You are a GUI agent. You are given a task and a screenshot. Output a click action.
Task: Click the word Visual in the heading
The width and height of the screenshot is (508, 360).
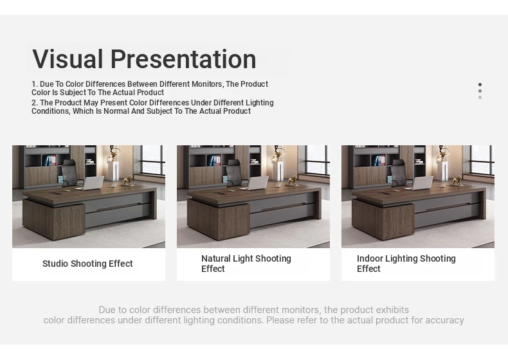pos(68,59)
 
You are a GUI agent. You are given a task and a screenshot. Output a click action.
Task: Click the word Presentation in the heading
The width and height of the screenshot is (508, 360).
pos(183,59)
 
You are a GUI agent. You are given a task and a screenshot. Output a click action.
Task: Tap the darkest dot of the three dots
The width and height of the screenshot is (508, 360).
pos(480,85)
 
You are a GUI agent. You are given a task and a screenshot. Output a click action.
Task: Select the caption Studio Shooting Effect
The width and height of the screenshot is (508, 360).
pos(87,264)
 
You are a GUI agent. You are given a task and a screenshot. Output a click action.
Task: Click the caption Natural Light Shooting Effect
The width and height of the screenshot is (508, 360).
pos(246,264)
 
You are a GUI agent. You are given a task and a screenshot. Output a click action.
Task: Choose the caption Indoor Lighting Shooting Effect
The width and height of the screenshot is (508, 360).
pos(406,264)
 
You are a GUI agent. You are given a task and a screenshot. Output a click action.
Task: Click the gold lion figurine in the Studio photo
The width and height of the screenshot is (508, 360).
pos(127,181)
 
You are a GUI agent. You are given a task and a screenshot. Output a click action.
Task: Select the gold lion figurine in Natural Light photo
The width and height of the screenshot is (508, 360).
pos(292,181)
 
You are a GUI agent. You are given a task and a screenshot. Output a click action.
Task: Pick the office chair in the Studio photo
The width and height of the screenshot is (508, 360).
pos(70,174)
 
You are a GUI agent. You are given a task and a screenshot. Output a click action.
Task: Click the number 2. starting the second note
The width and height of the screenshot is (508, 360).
pos(35,103)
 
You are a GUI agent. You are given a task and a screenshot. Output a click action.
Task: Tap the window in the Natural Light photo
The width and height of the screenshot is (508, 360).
pos(317,161)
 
